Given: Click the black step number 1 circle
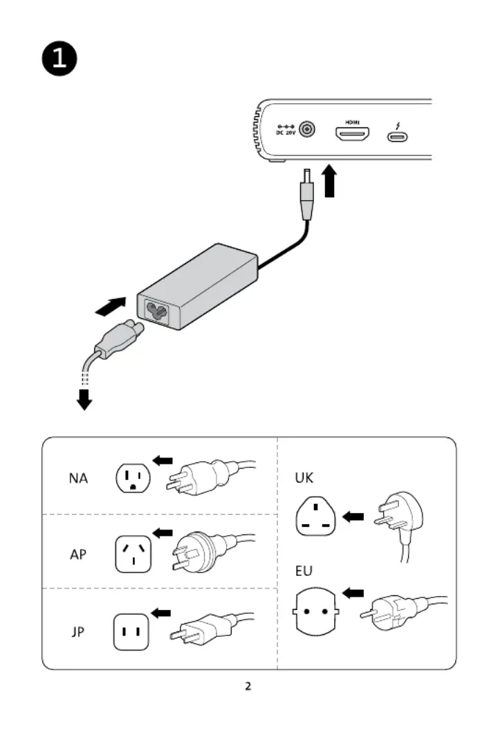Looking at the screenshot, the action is (x=59, y=58).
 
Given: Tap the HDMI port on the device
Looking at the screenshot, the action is (x=352, y=134).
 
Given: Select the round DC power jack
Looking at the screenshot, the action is (x=306, y=129).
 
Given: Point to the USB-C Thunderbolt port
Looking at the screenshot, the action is (x=397, y=136).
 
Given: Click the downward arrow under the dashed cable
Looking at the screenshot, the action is (x=84, y=399).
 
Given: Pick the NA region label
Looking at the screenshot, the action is (x=78, y=478).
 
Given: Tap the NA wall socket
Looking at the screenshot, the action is (x=133, y=478).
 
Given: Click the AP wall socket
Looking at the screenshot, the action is (x=133, y=554).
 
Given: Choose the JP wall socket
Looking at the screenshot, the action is (x=131, y=632).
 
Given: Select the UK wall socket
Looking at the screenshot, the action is (x=316, y=516).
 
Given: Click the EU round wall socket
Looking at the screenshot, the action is (x=316, y=611).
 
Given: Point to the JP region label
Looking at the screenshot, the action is (x=77, y=632).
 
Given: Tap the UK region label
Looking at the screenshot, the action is (x=304, y=478).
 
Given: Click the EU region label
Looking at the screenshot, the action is (x=304, y=570).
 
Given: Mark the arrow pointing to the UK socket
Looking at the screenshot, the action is (x=353, y=516).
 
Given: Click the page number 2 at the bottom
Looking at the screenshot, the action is (x=248, y=686).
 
